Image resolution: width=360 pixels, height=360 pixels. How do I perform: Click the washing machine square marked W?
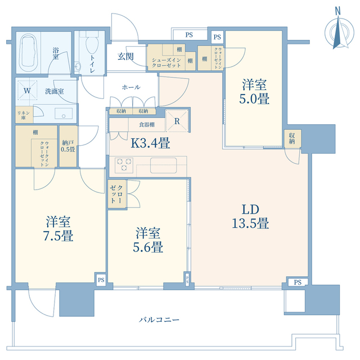(27, 91)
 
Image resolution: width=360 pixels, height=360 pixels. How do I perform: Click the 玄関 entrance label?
(125, 56)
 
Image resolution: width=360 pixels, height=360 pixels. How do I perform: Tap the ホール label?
(130, 87)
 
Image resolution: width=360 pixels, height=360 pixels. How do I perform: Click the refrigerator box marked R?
(177, 120)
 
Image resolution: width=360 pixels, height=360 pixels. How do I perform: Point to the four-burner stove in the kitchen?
(124, 165)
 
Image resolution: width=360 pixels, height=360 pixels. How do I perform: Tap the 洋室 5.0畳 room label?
(255, 92)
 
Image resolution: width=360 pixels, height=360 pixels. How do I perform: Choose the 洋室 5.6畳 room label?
(149, 240)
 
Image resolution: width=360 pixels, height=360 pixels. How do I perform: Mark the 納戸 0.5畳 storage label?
(68, 147)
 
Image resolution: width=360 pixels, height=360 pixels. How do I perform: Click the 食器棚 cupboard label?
(141, 123)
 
